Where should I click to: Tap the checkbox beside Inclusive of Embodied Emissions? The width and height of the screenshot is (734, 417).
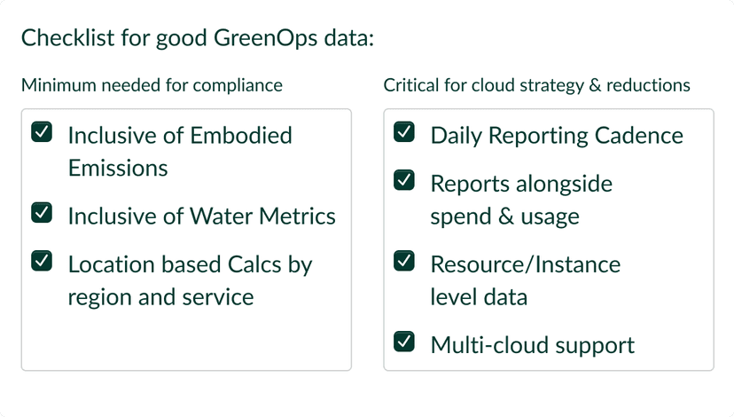pyautogui.click(x=41, y=133)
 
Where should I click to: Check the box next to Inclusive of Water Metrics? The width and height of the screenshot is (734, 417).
pyautogui.click(x=41, y=213)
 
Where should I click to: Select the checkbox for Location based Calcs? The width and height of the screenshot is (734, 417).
pyautogui.click(x=41, y=261)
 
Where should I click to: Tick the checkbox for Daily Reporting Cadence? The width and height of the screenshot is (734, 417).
pyautogui.click(x=403, y=133)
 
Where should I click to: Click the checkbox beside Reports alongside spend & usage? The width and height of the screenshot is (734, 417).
pyautogui.click(x=403, y=181)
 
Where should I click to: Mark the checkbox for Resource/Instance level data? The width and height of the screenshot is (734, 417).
pyautogui.click(x=403, y=261)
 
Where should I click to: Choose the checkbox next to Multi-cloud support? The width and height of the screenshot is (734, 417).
pyautogui.click(x=403, y=341)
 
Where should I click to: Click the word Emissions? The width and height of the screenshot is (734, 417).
pyautogui.click(x=118, y=168)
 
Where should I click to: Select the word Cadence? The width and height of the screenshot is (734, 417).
pyautogui.click(x=639, y=136)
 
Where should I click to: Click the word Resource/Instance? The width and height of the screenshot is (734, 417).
pyautogui.click(x=525, y=264)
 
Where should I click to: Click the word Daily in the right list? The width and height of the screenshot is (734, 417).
pyautogui.click(x=456, y=136)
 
